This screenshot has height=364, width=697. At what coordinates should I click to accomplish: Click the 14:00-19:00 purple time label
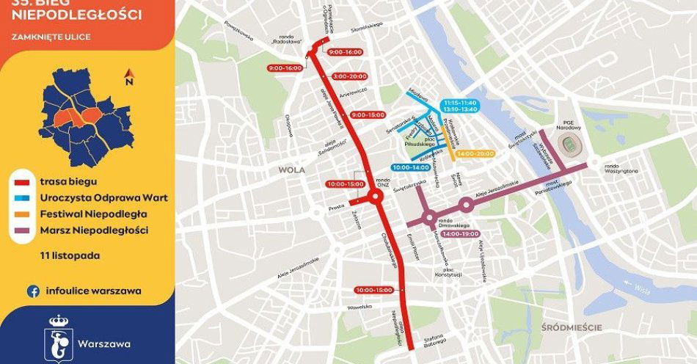click(x=461, y=233)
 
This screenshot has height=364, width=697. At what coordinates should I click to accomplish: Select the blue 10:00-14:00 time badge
click(x=411, y=168)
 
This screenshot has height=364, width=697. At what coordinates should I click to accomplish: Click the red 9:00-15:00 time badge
click(x=368, y=115)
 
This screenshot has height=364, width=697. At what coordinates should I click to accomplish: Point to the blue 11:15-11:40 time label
click(x=459, y=102)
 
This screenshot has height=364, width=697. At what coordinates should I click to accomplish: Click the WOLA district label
click(x=291, y=170)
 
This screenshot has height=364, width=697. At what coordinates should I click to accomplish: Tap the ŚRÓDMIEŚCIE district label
click(x=569, y=327)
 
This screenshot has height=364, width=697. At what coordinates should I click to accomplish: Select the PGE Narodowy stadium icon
click(x=570, y=147)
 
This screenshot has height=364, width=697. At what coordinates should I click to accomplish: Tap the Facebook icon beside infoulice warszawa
click(x=33, y=291)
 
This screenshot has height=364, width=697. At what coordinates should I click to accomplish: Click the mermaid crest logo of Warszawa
click(x=58, y=338)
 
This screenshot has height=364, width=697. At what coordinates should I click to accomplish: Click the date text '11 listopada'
click(x=70, y=256)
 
